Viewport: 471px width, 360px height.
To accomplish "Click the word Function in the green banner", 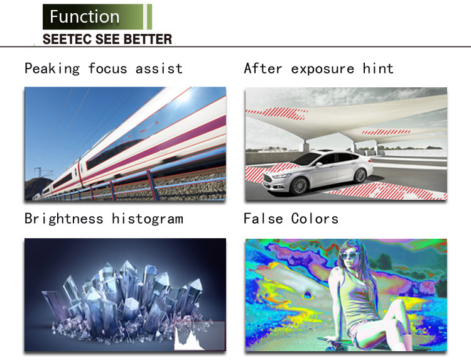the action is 84,16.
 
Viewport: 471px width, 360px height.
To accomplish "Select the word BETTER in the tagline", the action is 148,39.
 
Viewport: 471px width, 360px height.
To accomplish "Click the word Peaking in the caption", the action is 52,68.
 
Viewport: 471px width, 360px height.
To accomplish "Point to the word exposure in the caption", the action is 322,69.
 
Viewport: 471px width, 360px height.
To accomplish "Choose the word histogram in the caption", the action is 147,219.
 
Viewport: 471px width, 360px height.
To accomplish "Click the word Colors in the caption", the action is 315,219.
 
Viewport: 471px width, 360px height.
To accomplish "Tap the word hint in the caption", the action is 378,68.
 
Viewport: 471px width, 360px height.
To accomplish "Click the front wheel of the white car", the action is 299,185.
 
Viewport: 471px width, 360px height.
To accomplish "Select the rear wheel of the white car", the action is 360,175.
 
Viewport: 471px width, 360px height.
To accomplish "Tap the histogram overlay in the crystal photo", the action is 200,335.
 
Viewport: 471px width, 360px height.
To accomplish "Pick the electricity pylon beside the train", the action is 40,173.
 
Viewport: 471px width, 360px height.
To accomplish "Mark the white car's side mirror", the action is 319,164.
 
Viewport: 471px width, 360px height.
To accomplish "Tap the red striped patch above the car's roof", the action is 386,131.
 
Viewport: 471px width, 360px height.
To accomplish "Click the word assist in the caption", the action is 159,68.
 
